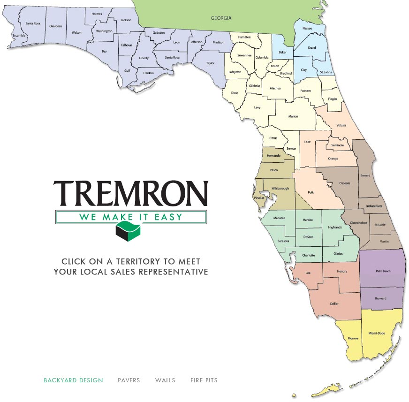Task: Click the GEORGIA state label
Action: point(220,18)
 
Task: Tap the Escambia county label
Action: point(19,35)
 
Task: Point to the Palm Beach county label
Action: point(383,271)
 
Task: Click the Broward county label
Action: point(381,298)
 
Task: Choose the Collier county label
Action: point(334,303)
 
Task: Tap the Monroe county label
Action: point(353,338)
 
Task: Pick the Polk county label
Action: point(311,192)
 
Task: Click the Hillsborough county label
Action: point(280,189)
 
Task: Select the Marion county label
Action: point(293,116)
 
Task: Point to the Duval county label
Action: point(312,47)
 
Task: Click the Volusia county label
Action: point(342,125)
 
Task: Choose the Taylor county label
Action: point(210,63)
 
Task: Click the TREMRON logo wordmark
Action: point(130,193)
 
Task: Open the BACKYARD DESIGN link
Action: point(73,380)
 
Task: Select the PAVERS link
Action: point(129,380)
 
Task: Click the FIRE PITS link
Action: point(204,380)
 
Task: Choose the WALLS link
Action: point(165,380)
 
